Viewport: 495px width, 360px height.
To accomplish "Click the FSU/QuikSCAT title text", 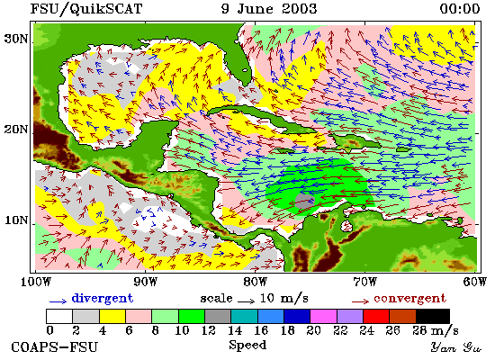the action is (86, 9).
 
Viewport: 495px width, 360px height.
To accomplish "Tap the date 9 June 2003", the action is (269, 8).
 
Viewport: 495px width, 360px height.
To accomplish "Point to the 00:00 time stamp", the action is (460, 9).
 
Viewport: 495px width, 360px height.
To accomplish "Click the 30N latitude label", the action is (16, 39).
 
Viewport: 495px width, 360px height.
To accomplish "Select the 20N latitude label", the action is (16, 130).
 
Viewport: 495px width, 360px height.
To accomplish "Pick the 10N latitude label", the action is (16, 220).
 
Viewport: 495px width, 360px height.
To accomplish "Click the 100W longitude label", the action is (36, 282).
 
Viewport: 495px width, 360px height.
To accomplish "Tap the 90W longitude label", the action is (145, 282).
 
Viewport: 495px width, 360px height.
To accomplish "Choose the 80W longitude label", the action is (255, 282).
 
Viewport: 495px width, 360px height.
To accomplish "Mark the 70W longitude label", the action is (364, 282).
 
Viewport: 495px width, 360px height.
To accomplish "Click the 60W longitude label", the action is (475, 282).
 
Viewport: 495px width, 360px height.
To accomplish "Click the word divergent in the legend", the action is (103, 298).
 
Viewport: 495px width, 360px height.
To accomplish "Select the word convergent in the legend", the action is (410, 299).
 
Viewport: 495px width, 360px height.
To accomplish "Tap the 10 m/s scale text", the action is (284, 299).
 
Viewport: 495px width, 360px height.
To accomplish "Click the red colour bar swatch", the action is (376, 317).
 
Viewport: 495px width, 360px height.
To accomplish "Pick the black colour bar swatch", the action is (433, 317).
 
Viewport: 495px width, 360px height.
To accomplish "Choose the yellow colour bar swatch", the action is (112, 317).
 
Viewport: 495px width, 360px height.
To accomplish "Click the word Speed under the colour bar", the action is (247, 346).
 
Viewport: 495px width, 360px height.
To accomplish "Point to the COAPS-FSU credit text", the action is (55, 347).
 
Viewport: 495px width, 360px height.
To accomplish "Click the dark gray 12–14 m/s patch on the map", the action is (304, 201).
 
